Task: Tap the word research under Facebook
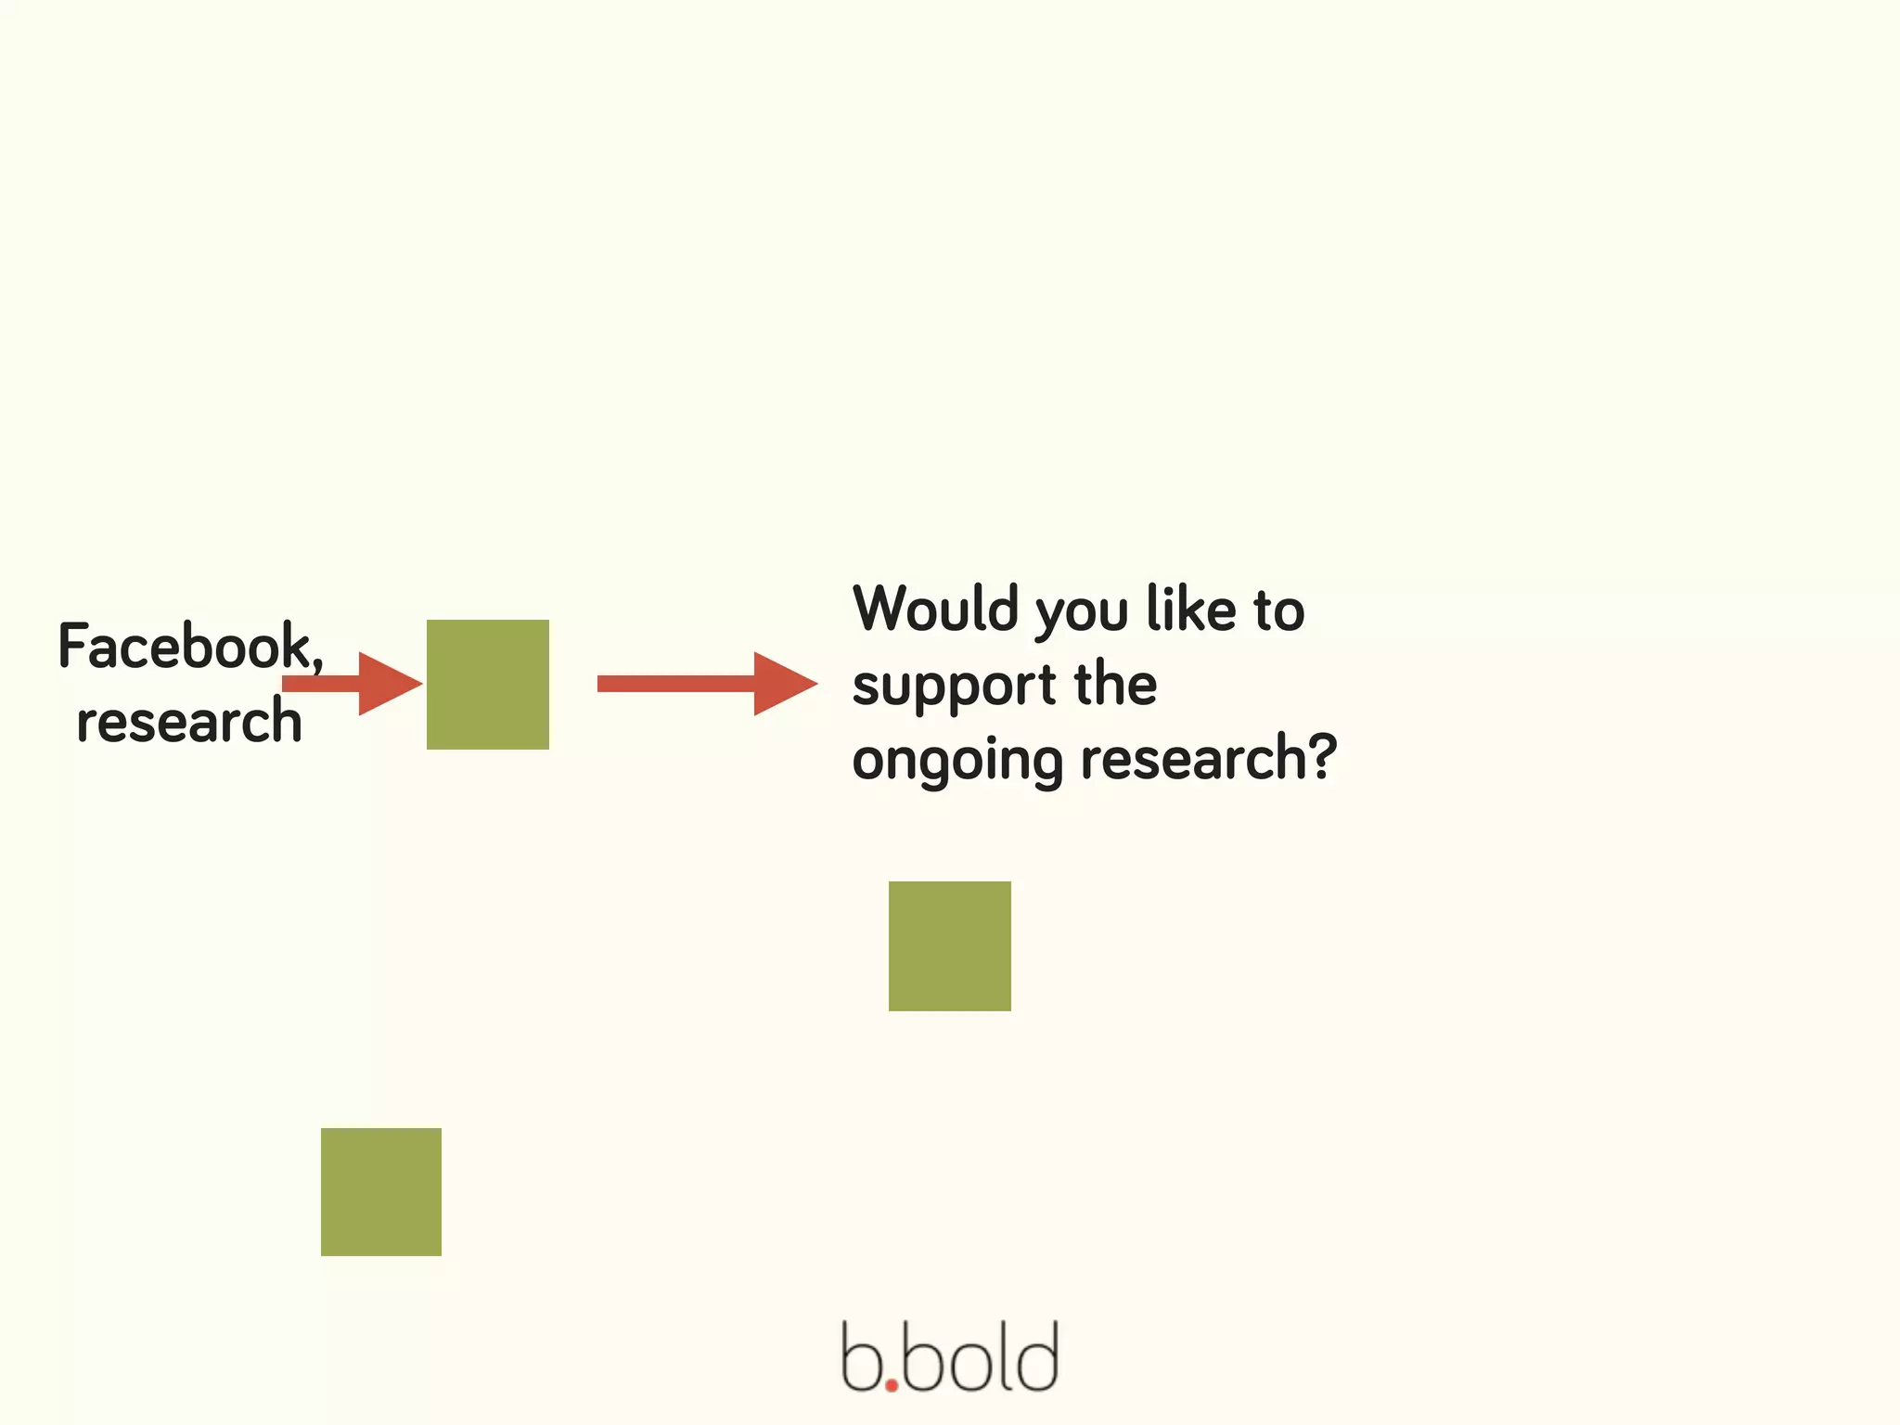click(x=189, y=722)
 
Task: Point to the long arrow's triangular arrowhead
click(x=782, y=684)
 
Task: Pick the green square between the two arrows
click(x=488, y=685)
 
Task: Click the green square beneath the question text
click(x=950, y=946)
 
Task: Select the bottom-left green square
click(x=381, y=1192)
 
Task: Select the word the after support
click(x=1115, y=685)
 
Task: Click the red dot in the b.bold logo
click(x=892, y=1386)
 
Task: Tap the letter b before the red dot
click(x=860, y=1358)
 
